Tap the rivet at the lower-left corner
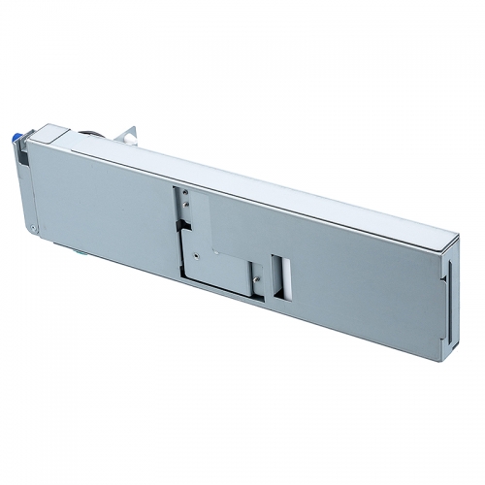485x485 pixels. [x=32, y=229]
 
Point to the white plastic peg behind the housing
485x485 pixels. [x=128, y=139]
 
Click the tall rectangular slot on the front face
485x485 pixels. [x=280, y=275]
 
